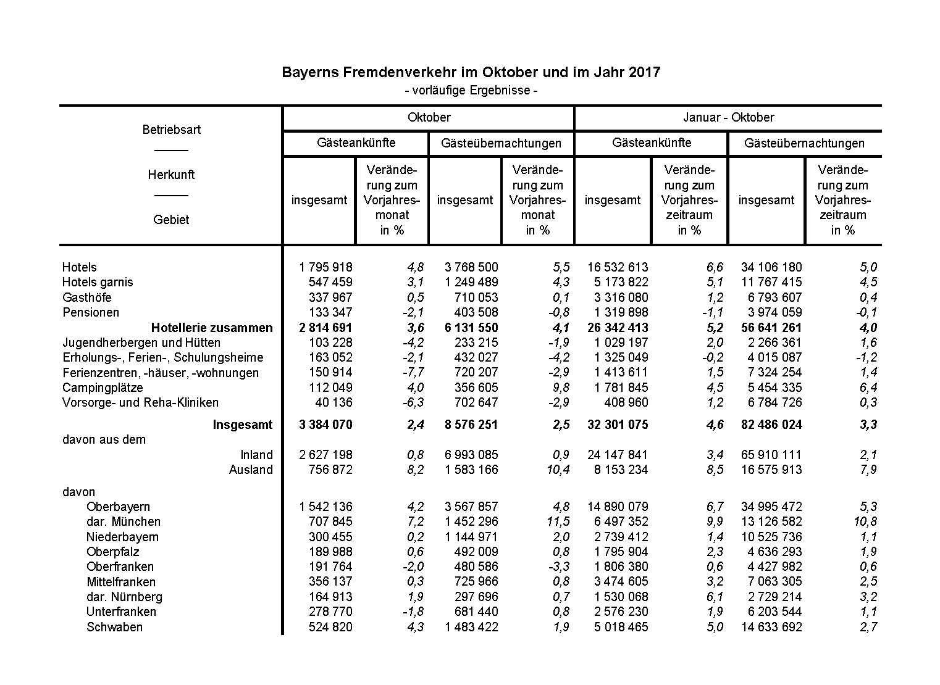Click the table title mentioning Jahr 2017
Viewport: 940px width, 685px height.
[x=471, y=72]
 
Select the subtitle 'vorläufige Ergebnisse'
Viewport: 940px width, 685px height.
[x=471, y=90]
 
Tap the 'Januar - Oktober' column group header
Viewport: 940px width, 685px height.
[x=728, y=117]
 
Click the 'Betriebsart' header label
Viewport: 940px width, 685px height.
[x=171, y=130]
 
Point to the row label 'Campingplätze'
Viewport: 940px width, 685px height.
[x=103, y=388]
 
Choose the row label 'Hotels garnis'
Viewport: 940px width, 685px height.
[x=98, y=282]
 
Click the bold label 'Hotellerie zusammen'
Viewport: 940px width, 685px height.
[x=212, y=328]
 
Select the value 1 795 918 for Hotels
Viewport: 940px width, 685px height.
[x=325, y=267]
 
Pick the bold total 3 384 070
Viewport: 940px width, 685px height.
[x=325, y=425]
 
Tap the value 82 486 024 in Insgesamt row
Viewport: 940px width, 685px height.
[x=771, y=425]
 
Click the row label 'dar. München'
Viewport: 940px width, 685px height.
[x=124, y=521]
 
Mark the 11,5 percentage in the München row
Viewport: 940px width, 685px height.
[x=556, y=521]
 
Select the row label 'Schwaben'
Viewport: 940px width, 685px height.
[x=114, y=627]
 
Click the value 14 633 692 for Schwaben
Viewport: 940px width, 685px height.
[x=771, y=627]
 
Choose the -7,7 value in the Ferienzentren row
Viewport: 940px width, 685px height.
[x=411, y=372]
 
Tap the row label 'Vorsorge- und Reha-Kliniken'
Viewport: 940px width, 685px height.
[x=140, y=402]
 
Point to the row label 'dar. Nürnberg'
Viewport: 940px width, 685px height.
[x=124, y=597]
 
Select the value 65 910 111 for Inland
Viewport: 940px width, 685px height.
[x=771, y=455]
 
